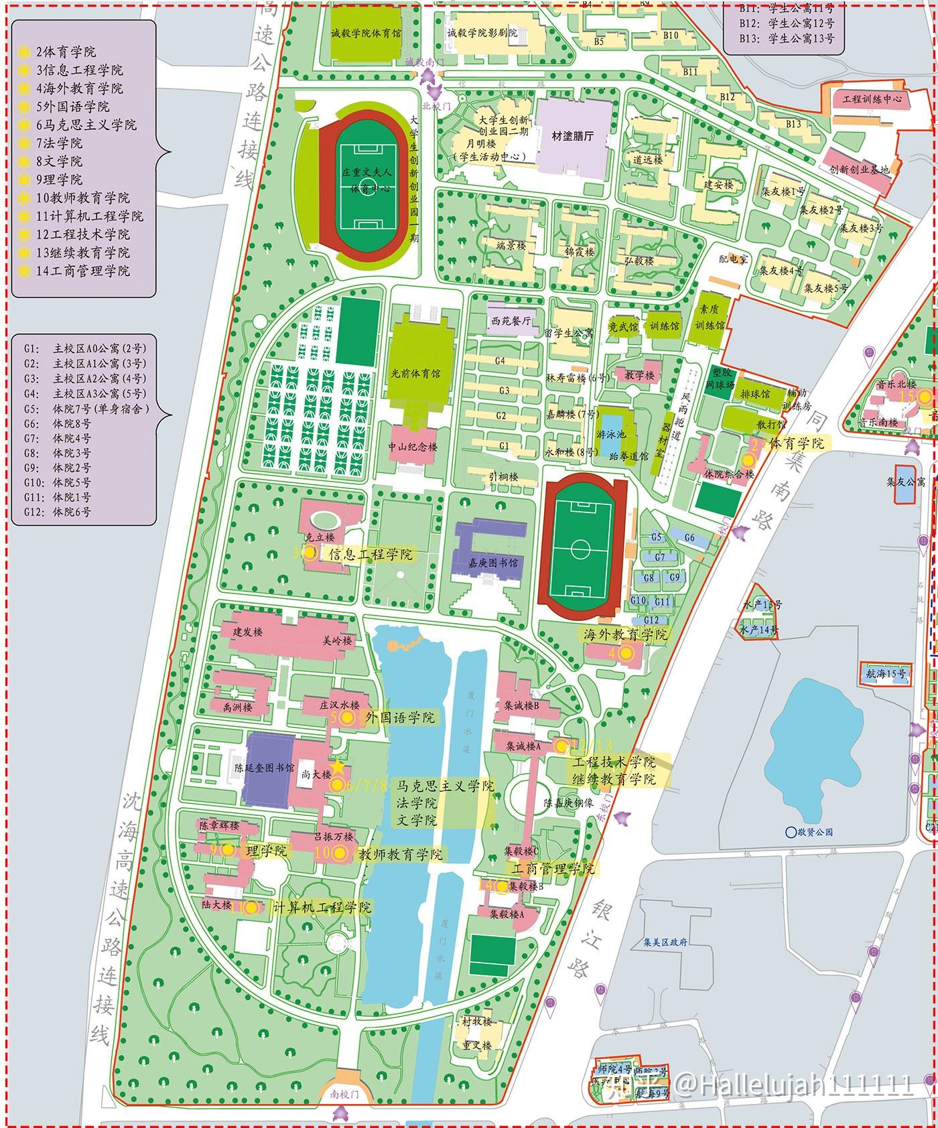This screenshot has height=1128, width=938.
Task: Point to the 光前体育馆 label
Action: pyautogui.click(x=421, y=373)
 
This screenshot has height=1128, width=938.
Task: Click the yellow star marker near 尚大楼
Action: pyautogui.click(x=339, y=766)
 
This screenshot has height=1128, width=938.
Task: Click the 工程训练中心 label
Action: pyautogui.click(x=872, y=99)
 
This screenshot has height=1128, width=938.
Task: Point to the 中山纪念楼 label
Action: pyautogui.click(x=413, y=447)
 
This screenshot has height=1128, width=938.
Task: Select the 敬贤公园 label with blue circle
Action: pyautogui.click(x=809, y=832)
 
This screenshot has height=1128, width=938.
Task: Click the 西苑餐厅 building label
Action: pyautogui.click(x=511, y=321)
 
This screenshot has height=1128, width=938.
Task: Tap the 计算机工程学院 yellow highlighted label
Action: pyautogui.click(x=322, y=908)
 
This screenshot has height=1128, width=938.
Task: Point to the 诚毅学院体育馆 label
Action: pyautogui.click(x=366, y=33)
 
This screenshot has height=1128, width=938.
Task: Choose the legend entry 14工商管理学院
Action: pyautogui.click(x=83, y=271)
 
